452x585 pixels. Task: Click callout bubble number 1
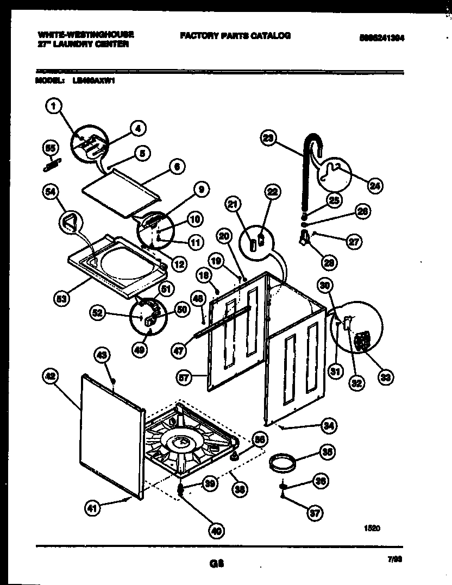pos(53,108)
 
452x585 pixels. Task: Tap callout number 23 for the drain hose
pos(268,139)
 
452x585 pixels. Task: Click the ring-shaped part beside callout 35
pos(283,463)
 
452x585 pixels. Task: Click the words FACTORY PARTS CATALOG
pos(235,36)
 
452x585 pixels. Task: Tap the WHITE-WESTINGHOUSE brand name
pos(86,34)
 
